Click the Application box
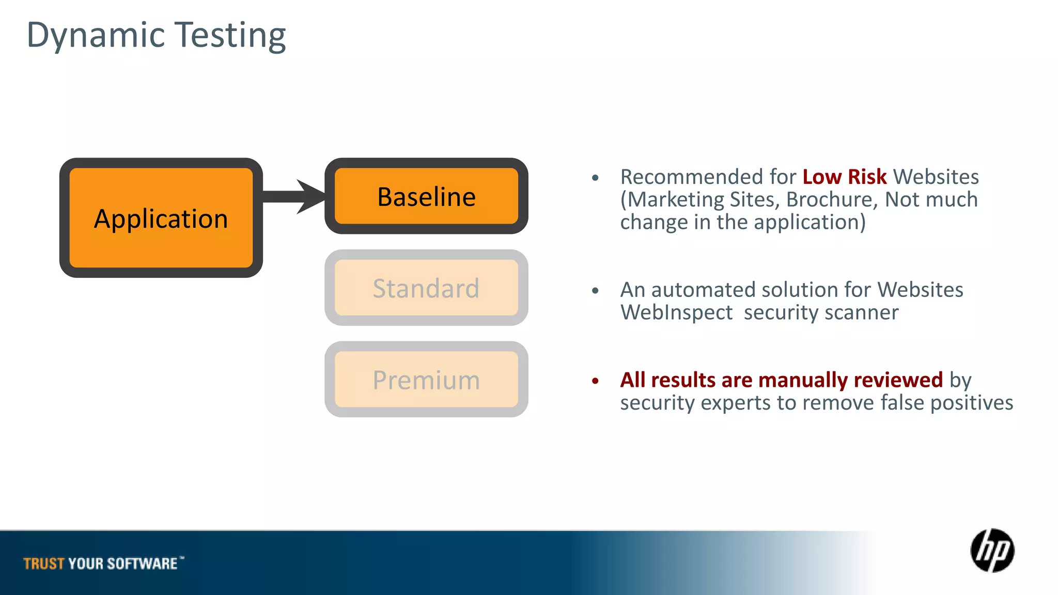click(161, 218)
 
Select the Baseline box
click(426, 196)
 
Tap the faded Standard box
click(426, 288)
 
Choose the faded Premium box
click(426, 380)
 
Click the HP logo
click(992, 551)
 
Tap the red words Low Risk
click(844, 177)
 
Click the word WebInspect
click(676, 312)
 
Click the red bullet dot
click(595, 381)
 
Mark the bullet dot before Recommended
click(595, 178)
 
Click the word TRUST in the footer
click(44, 563)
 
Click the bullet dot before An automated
click(595, 291)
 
